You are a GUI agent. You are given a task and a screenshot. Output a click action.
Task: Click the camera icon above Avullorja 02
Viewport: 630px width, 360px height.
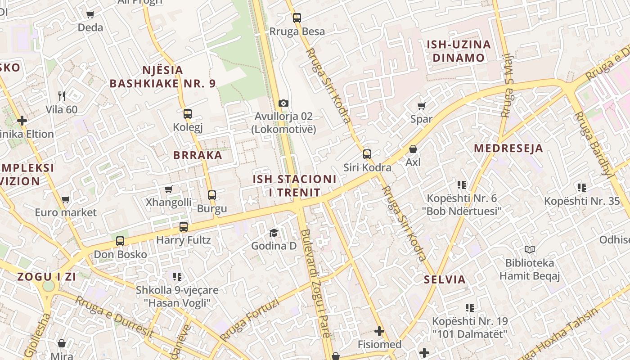click(283, 103)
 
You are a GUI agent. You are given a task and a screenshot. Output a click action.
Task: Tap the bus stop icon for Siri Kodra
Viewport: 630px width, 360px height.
click(367, 154)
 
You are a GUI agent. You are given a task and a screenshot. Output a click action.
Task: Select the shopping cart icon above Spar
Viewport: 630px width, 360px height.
click(421, 106)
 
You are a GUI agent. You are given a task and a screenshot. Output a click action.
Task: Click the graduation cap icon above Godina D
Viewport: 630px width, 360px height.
click(274, 233)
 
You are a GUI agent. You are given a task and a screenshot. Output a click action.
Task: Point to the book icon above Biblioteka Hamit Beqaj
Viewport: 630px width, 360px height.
click(530, 249)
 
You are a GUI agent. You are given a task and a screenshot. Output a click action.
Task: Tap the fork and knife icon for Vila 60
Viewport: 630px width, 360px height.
click(62, 96)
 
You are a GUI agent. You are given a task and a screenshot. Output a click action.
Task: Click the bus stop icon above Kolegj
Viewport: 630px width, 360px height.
click(188, 114)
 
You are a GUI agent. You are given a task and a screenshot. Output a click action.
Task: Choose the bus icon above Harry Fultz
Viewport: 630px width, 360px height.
click(184, 227)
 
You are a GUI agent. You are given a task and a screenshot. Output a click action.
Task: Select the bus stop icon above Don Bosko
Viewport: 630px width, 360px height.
click(120, 241)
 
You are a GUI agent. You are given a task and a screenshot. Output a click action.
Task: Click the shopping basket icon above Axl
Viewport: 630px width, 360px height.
click(413, 149)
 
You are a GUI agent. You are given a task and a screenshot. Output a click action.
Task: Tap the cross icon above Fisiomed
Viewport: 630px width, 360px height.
click(379, 332)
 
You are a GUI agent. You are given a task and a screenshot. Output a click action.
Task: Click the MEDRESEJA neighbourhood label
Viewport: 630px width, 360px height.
click(508, 148)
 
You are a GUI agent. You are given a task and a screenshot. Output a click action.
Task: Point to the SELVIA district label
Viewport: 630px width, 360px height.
click(445, 279)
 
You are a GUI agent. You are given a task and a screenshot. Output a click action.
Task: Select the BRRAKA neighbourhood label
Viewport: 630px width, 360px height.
click(198, 155)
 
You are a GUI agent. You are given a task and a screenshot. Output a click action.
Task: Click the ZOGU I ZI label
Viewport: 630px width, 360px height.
click(47, 277)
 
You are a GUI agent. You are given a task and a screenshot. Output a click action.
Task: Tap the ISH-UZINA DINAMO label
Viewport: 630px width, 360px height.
click(459, 51)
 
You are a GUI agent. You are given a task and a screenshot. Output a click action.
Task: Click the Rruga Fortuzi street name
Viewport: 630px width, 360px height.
click(250, 320)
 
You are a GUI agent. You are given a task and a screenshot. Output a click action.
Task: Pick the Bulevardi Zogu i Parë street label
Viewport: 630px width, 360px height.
click(316, 283)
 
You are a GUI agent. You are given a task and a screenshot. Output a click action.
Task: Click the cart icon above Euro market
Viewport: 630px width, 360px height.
click(66, 199)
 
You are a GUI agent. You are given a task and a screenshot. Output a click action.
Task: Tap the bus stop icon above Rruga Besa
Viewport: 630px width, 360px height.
click(297, 18)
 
